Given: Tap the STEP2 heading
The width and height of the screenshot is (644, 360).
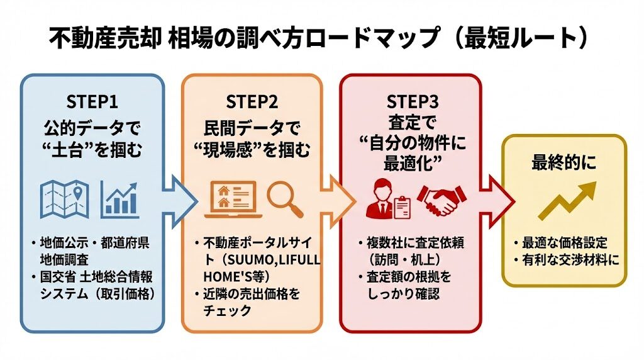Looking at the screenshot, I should [x=252, y=101].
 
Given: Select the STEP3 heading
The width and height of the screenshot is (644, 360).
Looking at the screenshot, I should [x=410, y=101].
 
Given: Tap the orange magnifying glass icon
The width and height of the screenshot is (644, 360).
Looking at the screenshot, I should [x=285, y=197].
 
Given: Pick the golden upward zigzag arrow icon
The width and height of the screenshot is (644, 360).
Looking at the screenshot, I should [x=563, y=201].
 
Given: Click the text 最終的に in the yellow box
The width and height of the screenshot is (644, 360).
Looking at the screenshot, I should [x=563, y=162].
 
